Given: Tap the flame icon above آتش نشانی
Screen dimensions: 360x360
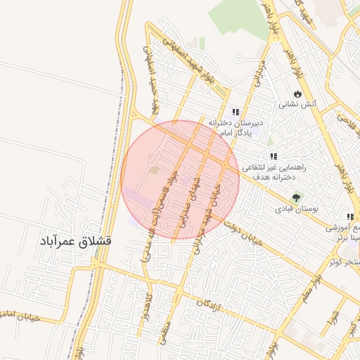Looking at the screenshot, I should pos(299,93).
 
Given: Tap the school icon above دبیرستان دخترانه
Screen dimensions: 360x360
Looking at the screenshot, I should pos(236,111).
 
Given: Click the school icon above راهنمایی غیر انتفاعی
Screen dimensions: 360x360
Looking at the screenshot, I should pos(273,156).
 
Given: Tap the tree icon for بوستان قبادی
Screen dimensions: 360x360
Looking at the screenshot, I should pos(295,198).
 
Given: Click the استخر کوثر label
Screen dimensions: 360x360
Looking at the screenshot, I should pos(345,262).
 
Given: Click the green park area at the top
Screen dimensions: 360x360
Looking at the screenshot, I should pos(239,18).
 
